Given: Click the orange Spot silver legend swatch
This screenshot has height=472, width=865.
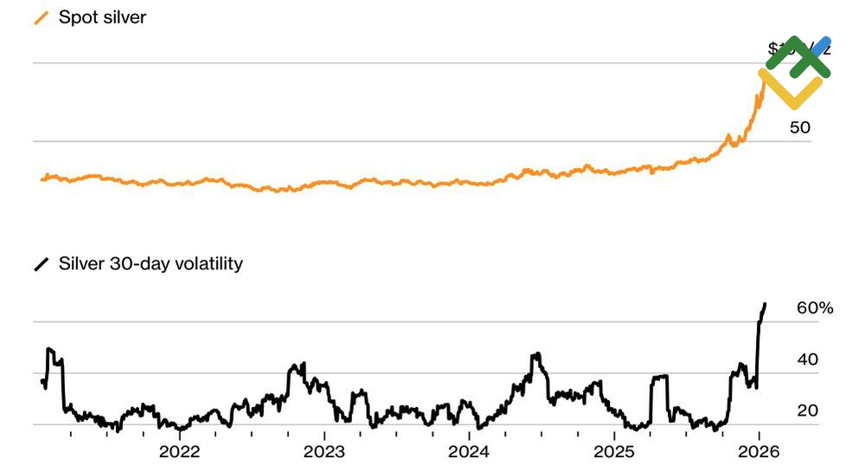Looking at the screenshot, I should (41, 18).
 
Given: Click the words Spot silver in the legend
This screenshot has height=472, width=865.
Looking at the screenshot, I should (102, 18).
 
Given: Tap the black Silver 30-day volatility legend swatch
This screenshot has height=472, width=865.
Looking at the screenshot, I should (41, 264).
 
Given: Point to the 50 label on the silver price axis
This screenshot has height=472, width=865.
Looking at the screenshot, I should (799, 127).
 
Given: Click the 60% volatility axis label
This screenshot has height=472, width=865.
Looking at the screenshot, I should (814, 308).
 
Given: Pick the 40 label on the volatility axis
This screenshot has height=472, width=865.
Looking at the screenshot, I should (807, 359).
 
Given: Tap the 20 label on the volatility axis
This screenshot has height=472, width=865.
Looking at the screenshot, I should (807, 411).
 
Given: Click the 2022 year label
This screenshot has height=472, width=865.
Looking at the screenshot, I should (180, 451).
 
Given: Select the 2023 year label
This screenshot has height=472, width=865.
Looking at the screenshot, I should (324, 451).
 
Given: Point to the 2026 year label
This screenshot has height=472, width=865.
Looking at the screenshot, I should (759, 451).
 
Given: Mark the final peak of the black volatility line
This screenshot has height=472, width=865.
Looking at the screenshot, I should (765, 304).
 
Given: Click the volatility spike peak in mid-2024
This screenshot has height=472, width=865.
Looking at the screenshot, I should (536, 354).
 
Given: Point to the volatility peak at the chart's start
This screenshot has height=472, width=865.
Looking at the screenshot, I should (49, 349).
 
